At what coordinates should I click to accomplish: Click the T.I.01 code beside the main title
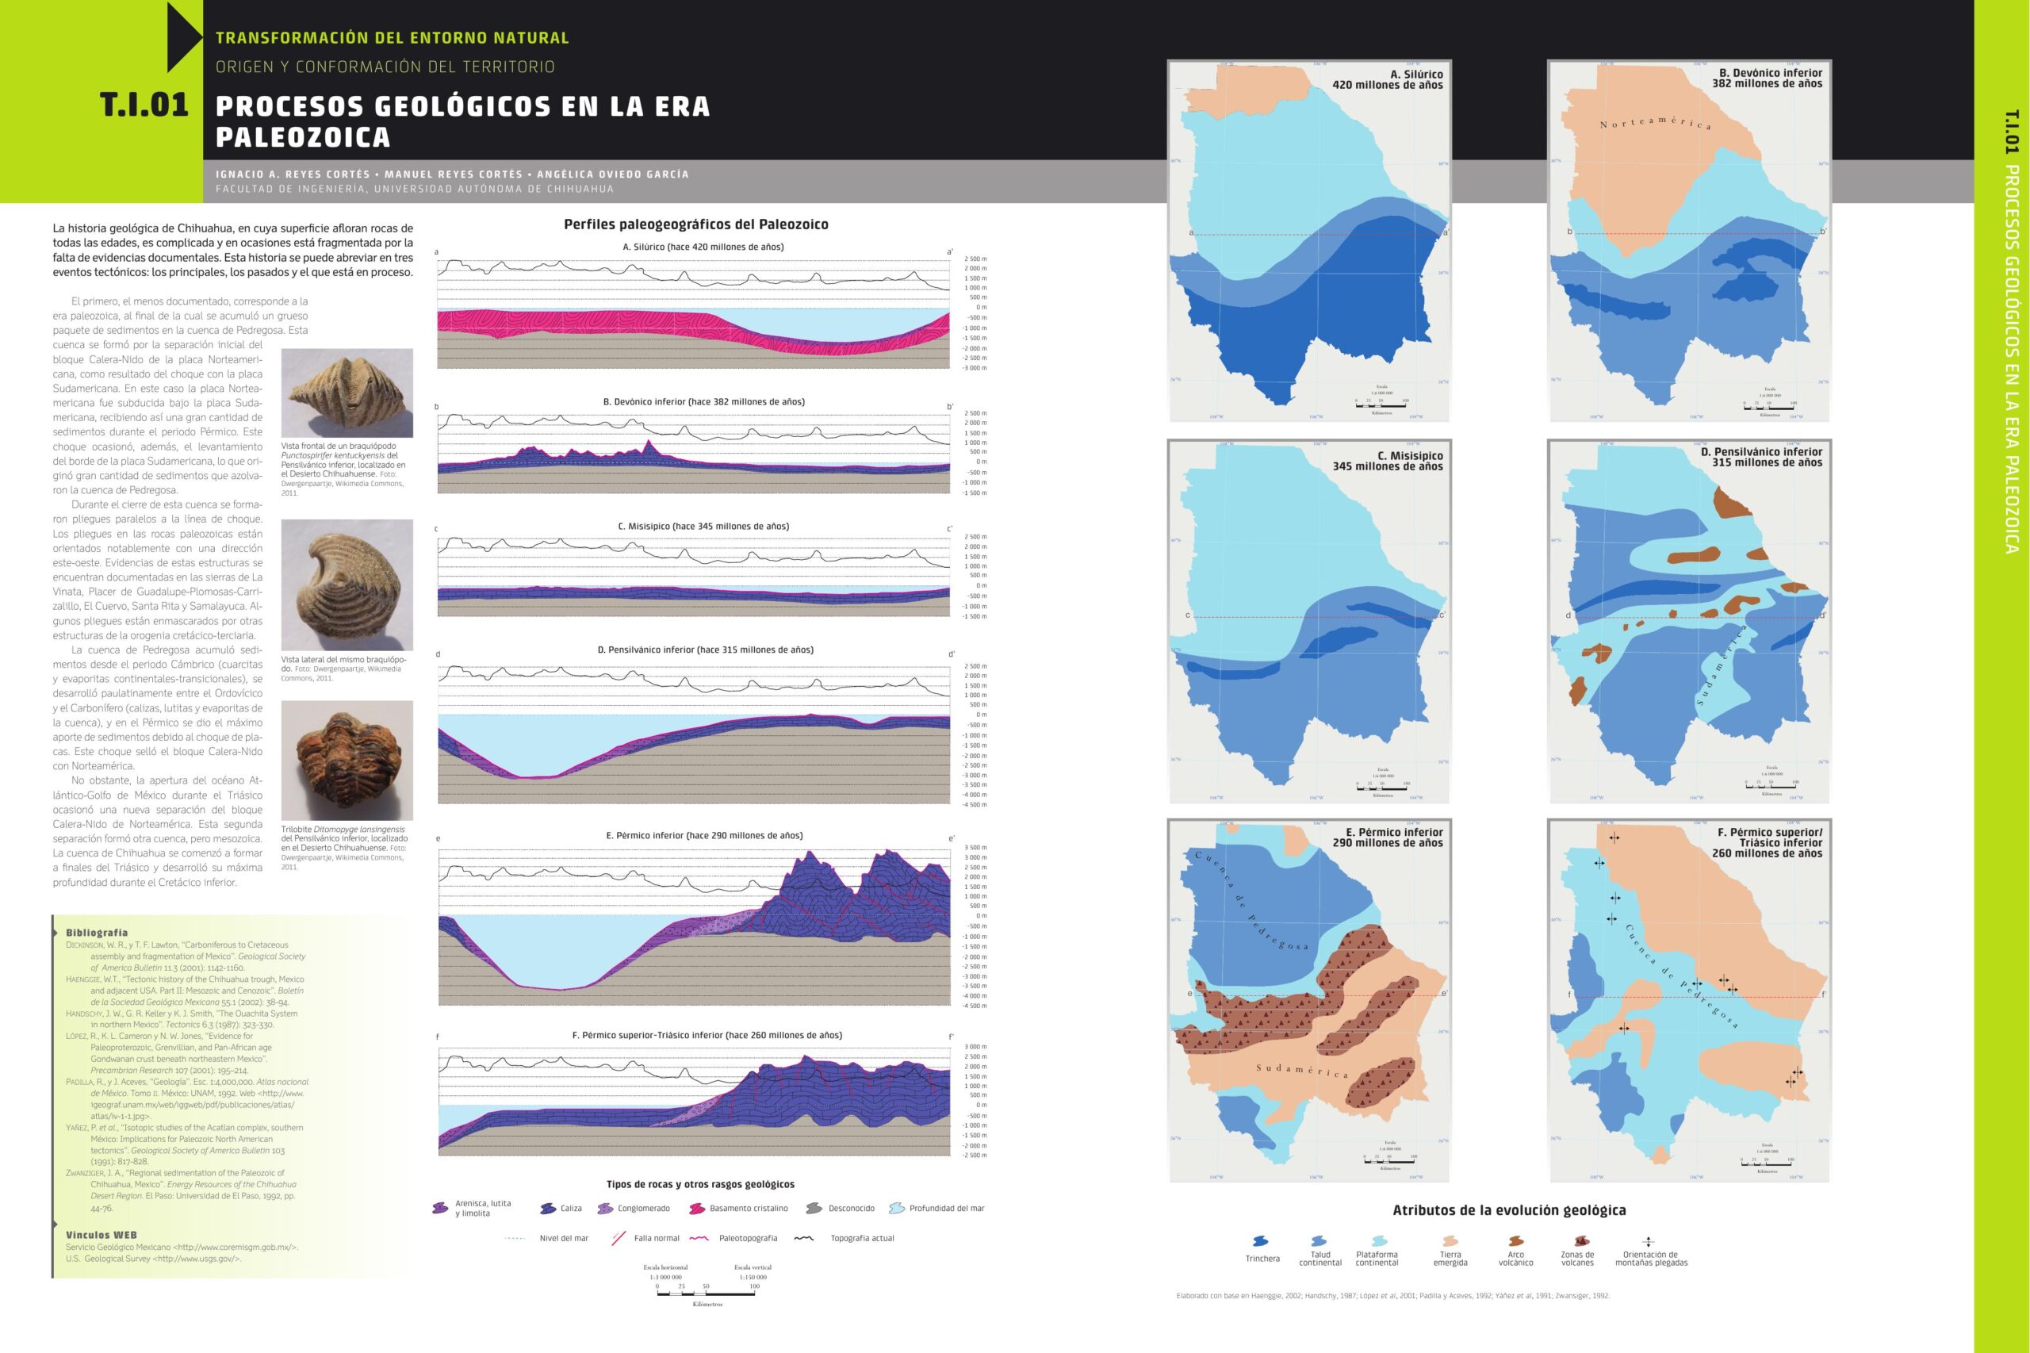coord(144,105)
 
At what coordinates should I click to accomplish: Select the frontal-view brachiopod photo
coord(347,393)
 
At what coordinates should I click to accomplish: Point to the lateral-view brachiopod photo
coord(347,585)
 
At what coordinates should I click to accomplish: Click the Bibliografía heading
coord(97,933)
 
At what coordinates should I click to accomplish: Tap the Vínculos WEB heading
coord(101,1235)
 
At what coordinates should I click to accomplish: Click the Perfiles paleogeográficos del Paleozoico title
coord(695,224)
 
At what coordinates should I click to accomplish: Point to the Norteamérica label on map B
coord(1655,122)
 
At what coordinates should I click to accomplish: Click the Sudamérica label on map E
coord(1301,1070)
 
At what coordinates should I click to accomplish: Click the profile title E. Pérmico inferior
coord(704,835)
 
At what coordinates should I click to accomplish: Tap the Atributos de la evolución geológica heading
coord(1509,1209)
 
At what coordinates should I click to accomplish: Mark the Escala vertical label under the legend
coord(753,1267)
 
